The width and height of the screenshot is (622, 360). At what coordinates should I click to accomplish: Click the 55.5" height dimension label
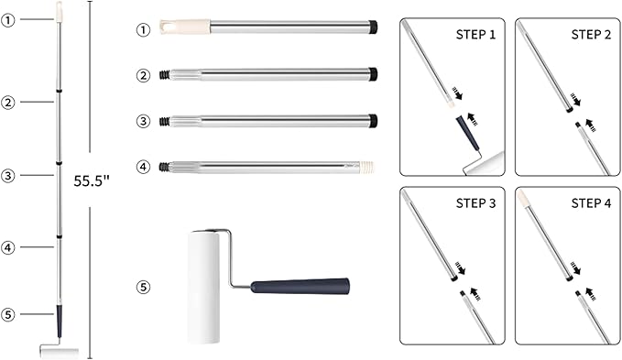pyautogui.click(x=92, y=180)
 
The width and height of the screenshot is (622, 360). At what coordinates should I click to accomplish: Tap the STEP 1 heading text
pyautogui.click(x=475, y=35)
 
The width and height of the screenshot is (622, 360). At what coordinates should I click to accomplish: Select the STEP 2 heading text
pyautogui.click(x=591, y=35)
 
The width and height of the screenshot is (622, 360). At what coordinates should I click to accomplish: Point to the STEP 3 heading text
pyautogui.click(x=475, y=203)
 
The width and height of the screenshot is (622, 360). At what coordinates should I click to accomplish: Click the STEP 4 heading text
pyautogui.click(x=591, y=203)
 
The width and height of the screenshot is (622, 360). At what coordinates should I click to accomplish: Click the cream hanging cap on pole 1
pyautogui.click(x=185, y=27)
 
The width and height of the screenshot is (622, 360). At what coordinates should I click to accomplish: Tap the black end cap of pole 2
pyautogui.click(x=373, y=74)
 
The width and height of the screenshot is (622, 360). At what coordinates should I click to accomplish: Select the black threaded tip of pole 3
pyautogui.click(x=164, y=121)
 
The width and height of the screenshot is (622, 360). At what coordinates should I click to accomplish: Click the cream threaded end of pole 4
pyautogui.click(x=367, y=168)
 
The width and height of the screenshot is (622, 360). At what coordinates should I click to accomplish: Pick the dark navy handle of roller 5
pyautogui.click(x=300, y=286)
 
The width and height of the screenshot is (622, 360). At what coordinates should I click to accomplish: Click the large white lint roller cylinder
pyautogui.click(x=203, y=287)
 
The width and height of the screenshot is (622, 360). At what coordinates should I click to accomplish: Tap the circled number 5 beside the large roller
pyautogui.click(x=143, y=287)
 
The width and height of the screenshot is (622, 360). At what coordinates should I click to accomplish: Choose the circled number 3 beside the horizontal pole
pyautogui.click(x=143, y=121)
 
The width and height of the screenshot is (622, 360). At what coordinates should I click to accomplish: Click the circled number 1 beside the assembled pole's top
pyautogui.click(x=7, y=20)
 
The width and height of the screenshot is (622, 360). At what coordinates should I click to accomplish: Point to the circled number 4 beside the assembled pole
pyautogui.click(x=7, y=248)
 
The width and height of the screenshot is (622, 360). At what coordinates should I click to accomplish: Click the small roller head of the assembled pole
pyautogui.click(x=60, y=352)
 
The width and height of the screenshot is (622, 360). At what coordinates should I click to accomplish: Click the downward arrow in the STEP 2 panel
pyautogui.click(x=575, y=100)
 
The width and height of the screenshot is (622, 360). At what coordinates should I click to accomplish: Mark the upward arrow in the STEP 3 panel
pyautogui.click(x=475, y=294)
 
